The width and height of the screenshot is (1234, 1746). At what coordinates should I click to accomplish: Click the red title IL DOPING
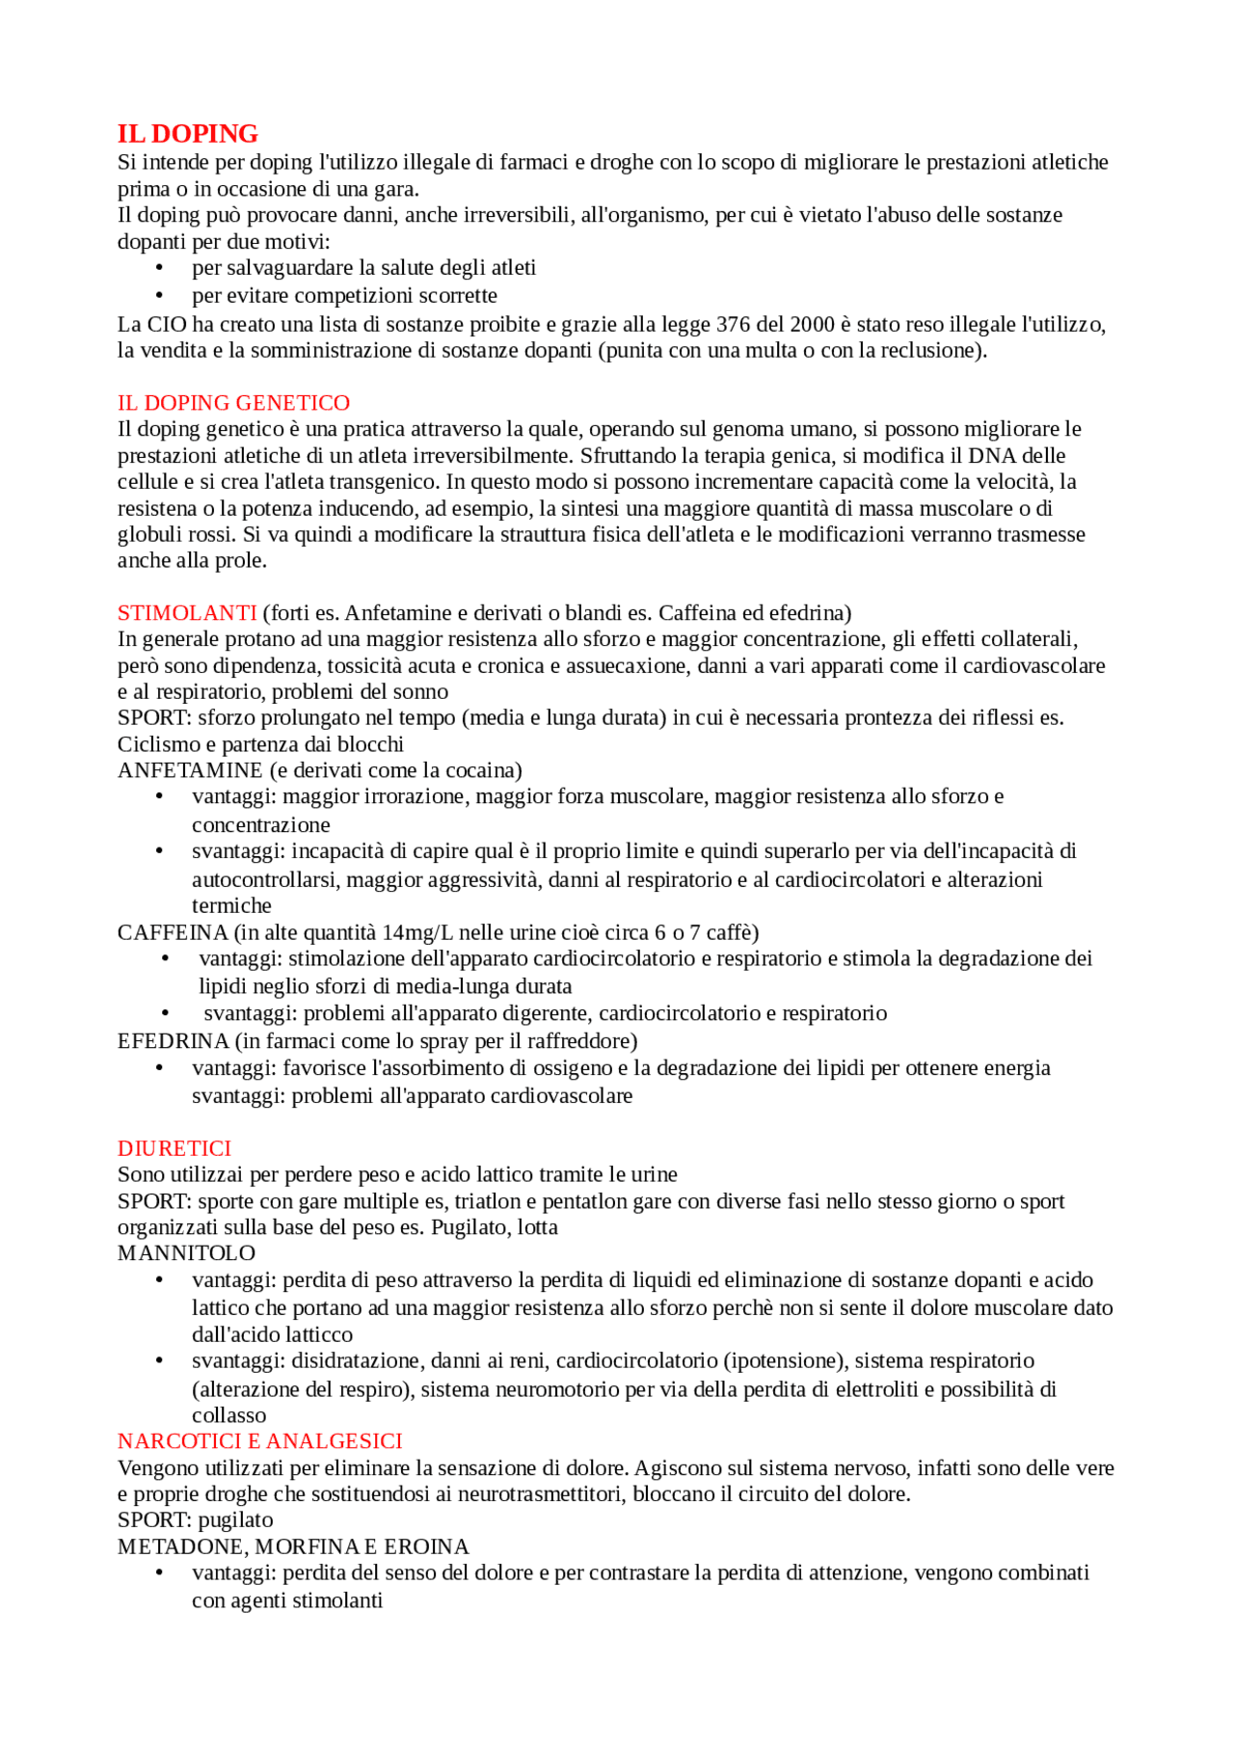pos(187,134)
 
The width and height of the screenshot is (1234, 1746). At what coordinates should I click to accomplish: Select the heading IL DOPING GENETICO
pos(233,403)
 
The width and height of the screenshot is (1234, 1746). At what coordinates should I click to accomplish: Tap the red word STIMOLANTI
pos(187,613)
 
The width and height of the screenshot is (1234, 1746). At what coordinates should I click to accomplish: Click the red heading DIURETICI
pos(174,1148)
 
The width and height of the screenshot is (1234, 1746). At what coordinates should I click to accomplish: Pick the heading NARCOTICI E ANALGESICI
pos(259,1441)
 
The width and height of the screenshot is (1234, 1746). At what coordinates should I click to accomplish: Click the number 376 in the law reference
pos(733,325)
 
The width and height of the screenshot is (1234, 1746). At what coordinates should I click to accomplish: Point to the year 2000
pos(812,325)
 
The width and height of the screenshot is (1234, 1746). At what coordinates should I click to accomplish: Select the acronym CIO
pos(167,325)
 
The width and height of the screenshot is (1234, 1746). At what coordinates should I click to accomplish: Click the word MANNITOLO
pos(186,1253)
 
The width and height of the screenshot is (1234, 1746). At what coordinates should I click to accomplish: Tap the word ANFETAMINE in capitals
pos(190,770)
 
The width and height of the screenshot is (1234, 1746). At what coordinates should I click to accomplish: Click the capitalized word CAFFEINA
pos(173,932)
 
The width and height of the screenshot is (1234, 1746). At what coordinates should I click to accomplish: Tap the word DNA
pos(992,456)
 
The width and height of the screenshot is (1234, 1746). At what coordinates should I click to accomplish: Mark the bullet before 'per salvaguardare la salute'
pos(159,269)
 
